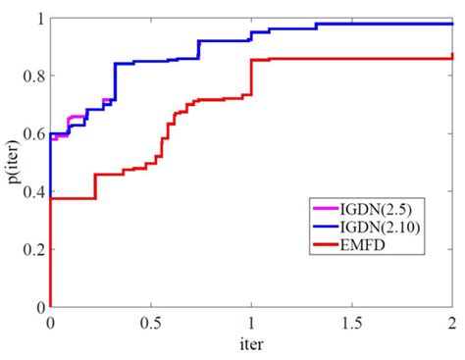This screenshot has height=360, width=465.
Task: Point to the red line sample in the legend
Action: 326,243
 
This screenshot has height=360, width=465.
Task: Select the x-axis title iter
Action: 250,344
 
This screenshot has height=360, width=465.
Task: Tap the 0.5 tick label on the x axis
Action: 150,323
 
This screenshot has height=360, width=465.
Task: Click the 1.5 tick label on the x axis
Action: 351,323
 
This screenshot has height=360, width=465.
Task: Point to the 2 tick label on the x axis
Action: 452,323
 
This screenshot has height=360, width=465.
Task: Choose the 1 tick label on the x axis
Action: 251,323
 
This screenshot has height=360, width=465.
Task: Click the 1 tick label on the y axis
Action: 38,19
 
